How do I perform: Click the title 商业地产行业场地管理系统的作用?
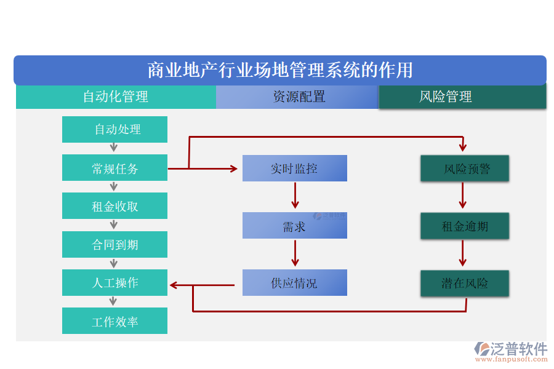[280, 70]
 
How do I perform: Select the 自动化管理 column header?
[116, 97]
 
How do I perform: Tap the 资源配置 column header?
[298, 97]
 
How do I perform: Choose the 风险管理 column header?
[462, 97]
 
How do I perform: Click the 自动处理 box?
[114, 129]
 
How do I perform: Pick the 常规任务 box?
[114, 168]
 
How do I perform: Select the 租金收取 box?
[114, 206]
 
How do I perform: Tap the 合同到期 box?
[114, 245]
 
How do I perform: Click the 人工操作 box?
[114, 283]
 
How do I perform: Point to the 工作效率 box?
[114, 321]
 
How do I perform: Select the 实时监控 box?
[294, 168]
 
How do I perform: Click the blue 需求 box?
[294, 226]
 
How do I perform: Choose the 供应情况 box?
[294, 283]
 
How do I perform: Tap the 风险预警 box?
[465, 169]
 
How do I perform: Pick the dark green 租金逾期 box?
[465, 226]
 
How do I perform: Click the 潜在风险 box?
[465, 284]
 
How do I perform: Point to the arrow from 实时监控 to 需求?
[295, 196]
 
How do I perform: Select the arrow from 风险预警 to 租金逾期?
[463, 196]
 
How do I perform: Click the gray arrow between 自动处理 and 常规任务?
[114, 148]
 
